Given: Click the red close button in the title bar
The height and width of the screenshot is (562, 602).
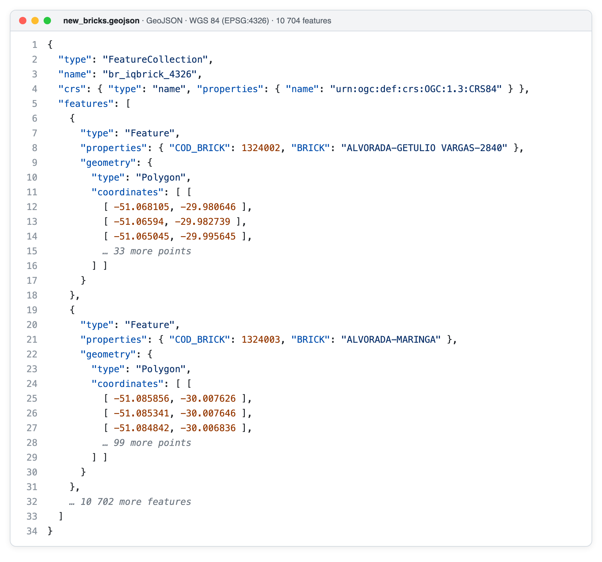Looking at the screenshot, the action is coord(23,21).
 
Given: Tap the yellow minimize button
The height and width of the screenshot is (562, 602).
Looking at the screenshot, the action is coord(35,21).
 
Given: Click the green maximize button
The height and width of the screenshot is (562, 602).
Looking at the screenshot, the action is coord(47,21).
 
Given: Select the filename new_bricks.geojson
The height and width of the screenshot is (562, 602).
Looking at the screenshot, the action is coord(101,21).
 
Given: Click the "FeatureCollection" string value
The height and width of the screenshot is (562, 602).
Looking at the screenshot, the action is coord(155,59).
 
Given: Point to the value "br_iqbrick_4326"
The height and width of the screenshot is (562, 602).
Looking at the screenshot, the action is coord(150,74).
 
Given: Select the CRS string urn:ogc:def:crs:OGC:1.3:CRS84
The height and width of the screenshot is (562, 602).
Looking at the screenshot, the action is coord(416,89).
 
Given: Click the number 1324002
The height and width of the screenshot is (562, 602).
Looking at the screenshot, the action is coord(261,148).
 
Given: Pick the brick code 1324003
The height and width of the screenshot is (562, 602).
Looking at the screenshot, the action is coord(261,339).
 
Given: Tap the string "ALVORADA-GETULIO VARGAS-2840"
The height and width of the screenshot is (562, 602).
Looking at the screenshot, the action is coord(424,148).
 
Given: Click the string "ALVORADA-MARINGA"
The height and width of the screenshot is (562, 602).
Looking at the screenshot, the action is coord(391,339).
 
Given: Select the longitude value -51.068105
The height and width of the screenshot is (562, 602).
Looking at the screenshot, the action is coord(141,207).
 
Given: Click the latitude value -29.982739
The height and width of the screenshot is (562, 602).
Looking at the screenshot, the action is coord(202,221).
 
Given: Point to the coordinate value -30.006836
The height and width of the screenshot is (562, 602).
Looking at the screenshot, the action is coord(208,428).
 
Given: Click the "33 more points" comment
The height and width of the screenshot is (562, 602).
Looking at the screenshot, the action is coord(147,251).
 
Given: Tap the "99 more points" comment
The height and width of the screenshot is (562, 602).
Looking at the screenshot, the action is coord(147,443).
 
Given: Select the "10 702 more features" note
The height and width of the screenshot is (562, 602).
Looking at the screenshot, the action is coord(130,502).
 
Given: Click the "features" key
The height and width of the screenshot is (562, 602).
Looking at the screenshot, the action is coord(86,103).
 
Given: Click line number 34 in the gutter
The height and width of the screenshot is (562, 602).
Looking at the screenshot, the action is coord(32,531).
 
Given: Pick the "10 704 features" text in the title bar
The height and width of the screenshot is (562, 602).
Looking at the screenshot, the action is coord(303,21).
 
